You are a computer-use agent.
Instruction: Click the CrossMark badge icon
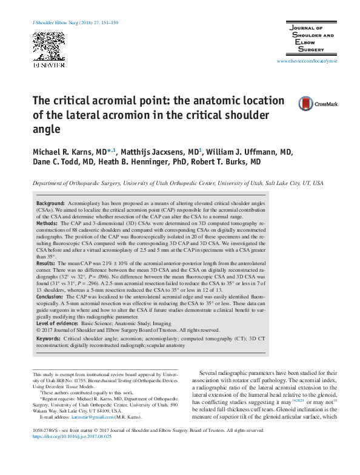(318, 104)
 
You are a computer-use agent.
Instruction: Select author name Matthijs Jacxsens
(150, 150)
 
